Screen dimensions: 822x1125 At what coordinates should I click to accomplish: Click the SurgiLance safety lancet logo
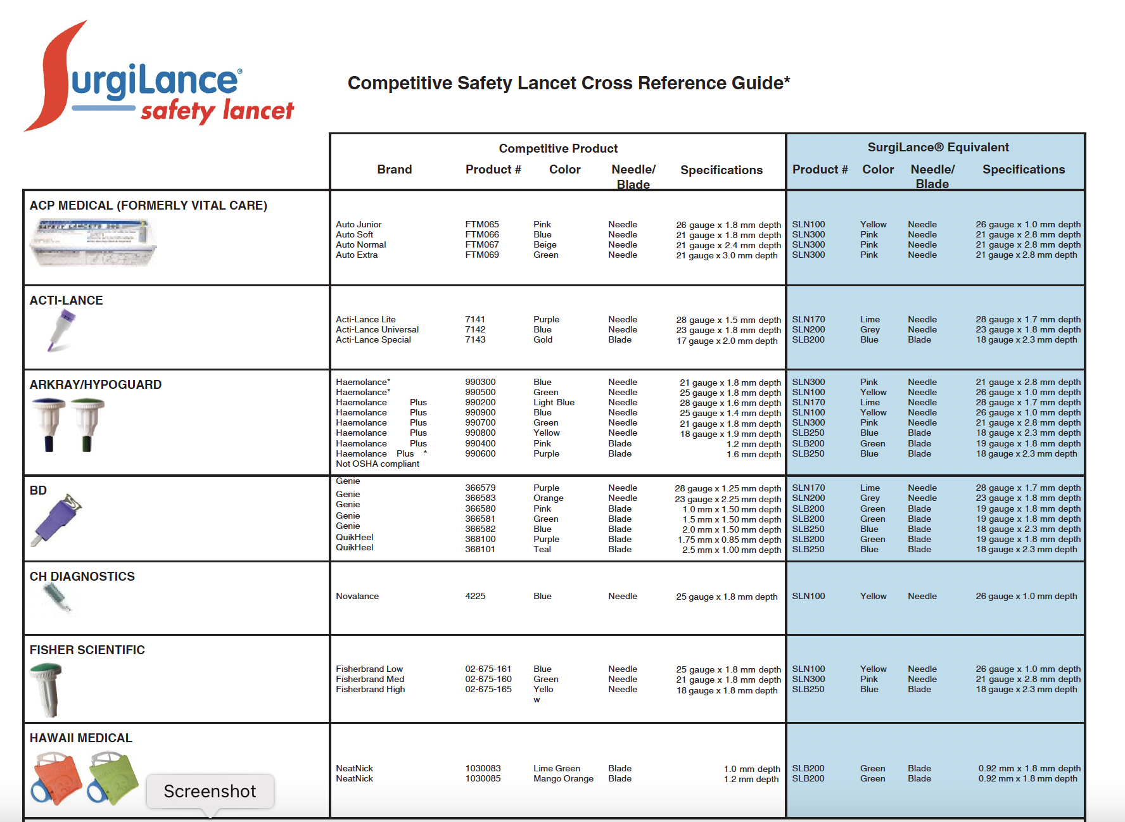click(158, 79)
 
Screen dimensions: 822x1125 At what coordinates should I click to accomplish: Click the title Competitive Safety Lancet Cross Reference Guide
click(568, 83)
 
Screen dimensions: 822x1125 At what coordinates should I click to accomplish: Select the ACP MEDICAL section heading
click(148, 205)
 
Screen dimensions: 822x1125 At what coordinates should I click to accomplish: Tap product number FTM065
click(481, 224)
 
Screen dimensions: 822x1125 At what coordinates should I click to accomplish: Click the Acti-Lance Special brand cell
click(373, 339)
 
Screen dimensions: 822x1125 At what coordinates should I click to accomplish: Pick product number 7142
click(475, 329)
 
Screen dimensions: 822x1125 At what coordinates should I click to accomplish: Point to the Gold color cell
click(543, 339)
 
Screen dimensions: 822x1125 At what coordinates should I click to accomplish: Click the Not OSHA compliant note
click(378, 464)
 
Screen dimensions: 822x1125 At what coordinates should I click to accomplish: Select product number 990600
click(480, 453)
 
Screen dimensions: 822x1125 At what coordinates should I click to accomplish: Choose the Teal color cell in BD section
click(542, 549)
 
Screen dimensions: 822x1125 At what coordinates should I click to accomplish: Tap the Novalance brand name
click(357, 596)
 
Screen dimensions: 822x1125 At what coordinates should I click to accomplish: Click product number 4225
click(475, 596)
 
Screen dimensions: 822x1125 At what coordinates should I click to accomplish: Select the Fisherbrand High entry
click(371, 689)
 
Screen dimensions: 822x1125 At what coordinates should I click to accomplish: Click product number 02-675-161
click(488, 669)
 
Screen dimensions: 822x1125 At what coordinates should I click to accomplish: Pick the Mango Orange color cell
click(563, 778)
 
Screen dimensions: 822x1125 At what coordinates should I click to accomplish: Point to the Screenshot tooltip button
click(210, 791)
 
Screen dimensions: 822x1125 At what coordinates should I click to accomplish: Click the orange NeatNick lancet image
click(56, 778)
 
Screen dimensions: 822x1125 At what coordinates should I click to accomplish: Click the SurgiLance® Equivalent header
click(937, 148)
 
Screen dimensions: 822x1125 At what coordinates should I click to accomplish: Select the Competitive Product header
click(558, 148)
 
